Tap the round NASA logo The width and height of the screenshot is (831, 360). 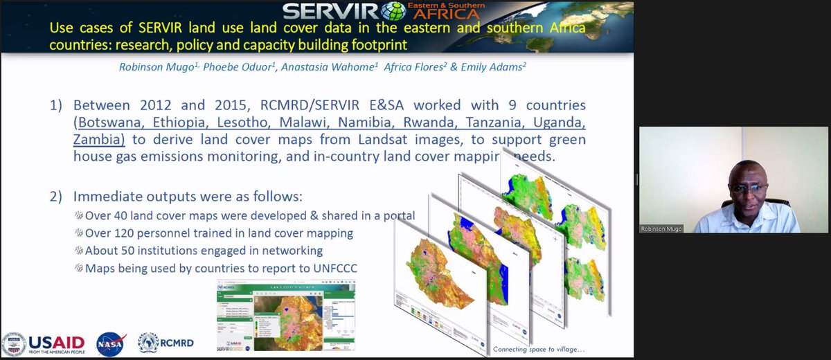110,343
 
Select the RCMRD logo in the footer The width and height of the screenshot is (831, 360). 166,342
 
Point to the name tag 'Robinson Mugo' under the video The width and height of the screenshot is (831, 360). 662,227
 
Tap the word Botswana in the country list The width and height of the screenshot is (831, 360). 111,123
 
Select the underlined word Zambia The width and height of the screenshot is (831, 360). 97,139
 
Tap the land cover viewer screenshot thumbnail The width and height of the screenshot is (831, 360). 285,316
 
